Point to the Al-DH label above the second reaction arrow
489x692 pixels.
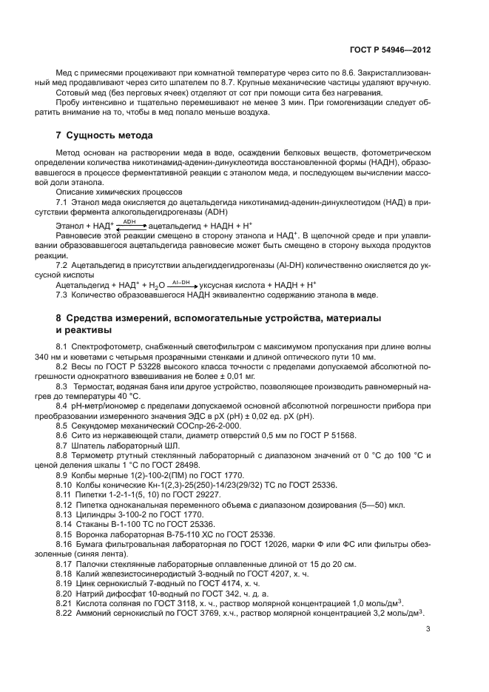tap(181, 281)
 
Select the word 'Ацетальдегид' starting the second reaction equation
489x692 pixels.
tap(86, 286)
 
